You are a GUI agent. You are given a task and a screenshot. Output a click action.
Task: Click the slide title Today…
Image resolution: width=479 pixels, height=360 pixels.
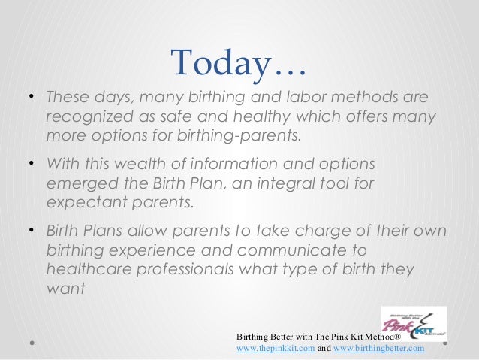[238, 64]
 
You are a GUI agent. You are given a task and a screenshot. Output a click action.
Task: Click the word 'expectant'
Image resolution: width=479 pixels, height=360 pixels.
[78, 201]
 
